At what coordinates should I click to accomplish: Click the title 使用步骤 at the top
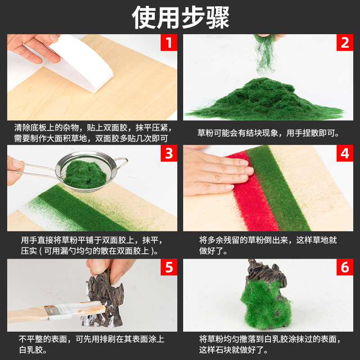180,17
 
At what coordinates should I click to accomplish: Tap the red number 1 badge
169,42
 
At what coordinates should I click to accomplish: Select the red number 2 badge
345,42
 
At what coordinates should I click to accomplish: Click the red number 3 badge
169,153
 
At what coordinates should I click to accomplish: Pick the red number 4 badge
345,153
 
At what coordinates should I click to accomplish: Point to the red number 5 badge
169,267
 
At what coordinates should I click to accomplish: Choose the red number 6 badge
345,267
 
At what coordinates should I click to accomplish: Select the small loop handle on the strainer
121,162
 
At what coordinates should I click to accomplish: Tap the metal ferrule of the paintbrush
52,310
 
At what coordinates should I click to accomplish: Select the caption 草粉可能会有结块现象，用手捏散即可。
268,133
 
